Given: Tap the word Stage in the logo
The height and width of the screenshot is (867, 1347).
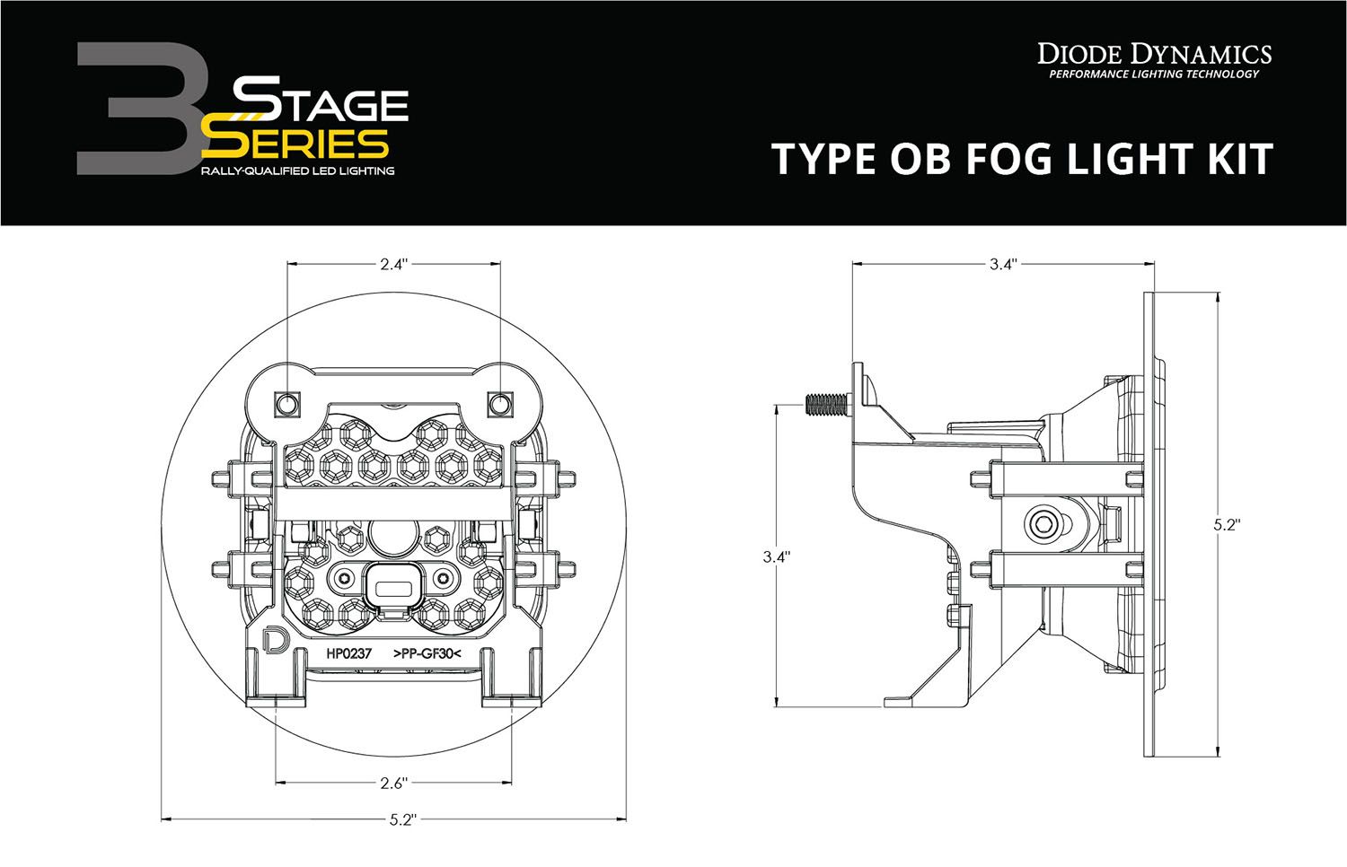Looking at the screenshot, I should coord(321,104).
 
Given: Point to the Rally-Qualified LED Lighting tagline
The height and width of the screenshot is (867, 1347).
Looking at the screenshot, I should coord(297,171).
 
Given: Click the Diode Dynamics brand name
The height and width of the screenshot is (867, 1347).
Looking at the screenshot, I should coord(1154,54).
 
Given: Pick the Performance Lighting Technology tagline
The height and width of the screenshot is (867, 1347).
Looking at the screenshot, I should coord(1154,74).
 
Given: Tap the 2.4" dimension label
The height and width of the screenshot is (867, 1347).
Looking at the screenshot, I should coord(393,264).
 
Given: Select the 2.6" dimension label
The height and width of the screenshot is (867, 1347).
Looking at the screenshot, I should coord(393,784).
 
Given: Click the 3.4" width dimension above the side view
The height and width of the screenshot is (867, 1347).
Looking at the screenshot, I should coord(1002,264).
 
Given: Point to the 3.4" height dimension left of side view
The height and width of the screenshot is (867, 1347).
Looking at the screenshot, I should coord(775,556).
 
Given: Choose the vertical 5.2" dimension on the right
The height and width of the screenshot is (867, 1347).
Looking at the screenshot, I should coord(1224,524).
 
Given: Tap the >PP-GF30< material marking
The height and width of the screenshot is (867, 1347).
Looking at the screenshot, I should coord(427,654).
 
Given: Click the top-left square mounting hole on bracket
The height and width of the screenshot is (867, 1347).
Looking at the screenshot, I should coord(286,402).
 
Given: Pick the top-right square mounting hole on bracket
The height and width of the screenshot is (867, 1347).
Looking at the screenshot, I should coord(499,402).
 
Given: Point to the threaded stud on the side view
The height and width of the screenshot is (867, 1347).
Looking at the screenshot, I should coord(826,405).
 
